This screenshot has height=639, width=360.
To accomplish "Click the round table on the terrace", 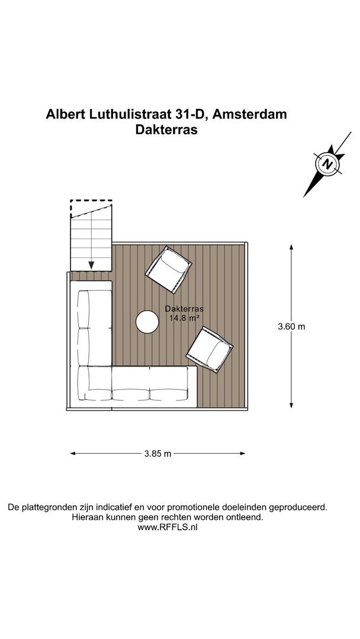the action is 147,322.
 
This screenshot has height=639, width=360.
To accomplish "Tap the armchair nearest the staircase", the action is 169,269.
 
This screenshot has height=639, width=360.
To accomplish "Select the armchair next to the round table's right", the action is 210,349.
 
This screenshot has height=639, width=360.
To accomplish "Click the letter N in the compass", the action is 327,164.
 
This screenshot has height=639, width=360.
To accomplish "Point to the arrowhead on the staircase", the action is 91,265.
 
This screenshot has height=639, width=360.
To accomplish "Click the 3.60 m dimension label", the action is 291,327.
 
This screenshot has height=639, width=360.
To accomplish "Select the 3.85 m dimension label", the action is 157,454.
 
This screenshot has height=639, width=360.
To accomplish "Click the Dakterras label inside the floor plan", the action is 184,309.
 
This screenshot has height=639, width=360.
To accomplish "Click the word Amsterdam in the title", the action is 249,114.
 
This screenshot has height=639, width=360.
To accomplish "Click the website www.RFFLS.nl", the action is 168,527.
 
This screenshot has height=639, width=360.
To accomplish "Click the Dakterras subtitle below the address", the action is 166,130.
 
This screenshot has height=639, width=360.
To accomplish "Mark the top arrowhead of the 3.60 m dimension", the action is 291,247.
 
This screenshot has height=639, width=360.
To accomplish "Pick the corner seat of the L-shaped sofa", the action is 95,383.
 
